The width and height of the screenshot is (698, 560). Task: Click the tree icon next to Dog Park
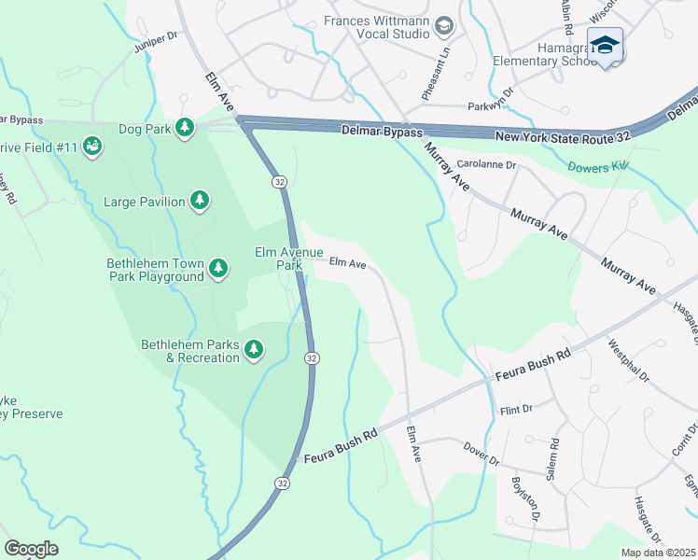pyautogui.click(x=186, y=127)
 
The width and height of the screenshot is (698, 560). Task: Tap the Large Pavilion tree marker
pyautogui.click(x=199, y=200)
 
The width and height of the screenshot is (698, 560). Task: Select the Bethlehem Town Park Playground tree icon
pyautogui.click(x=218, y=269)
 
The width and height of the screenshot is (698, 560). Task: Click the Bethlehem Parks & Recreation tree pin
pyautogui.click(x=254, y=350)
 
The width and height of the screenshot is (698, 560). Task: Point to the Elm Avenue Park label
pyautogui.click(x=289, y=259)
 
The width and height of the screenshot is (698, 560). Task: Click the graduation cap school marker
pyautogui.click(x=605, y=45)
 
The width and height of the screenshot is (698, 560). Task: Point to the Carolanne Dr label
pyautogui.click(x=487, y=164)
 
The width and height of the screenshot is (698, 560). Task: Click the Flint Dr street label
pyautogui.click(x=515, y=409)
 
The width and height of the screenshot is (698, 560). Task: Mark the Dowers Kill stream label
pyautogui.click(x=598, y=165)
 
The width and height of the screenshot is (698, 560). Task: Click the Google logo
pyautogui.click(x=31, y=548)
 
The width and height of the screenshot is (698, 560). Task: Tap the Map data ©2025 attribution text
pyautogui.click(x=658, y=553)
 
